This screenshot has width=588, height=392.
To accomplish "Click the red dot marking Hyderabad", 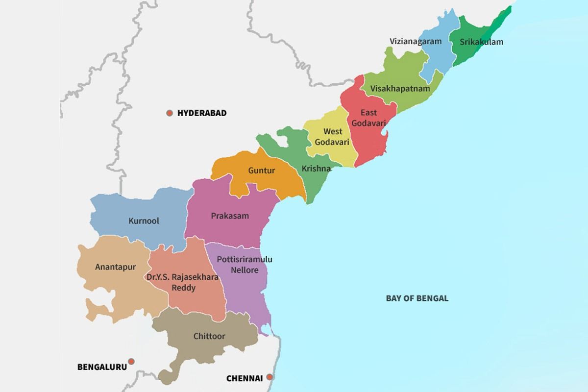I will click(170, 113).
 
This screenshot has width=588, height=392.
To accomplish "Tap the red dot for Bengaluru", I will click(131, 362).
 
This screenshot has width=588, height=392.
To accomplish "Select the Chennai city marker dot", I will click(269, 377).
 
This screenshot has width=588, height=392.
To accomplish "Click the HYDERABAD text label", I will click(202, 113).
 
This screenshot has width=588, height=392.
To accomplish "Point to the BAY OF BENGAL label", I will click(417, 298).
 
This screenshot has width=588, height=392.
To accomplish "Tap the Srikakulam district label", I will click(481, 42).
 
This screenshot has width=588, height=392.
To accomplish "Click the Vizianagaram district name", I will click(415, 41).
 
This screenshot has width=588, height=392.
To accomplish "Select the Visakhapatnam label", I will click(400, 89).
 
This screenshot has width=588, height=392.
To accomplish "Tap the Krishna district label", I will click(316, 169).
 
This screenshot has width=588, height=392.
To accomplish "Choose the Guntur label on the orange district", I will click(262, 171).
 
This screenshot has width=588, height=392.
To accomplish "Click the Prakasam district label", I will click(230, 216).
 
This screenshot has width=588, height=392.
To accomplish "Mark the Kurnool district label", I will click(144, 221).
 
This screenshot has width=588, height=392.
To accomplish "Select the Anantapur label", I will click(116, 267).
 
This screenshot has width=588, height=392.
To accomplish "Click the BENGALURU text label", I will click(102, 367).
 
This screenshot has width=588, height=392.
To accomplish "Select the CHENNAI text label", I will click(244, 378).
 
